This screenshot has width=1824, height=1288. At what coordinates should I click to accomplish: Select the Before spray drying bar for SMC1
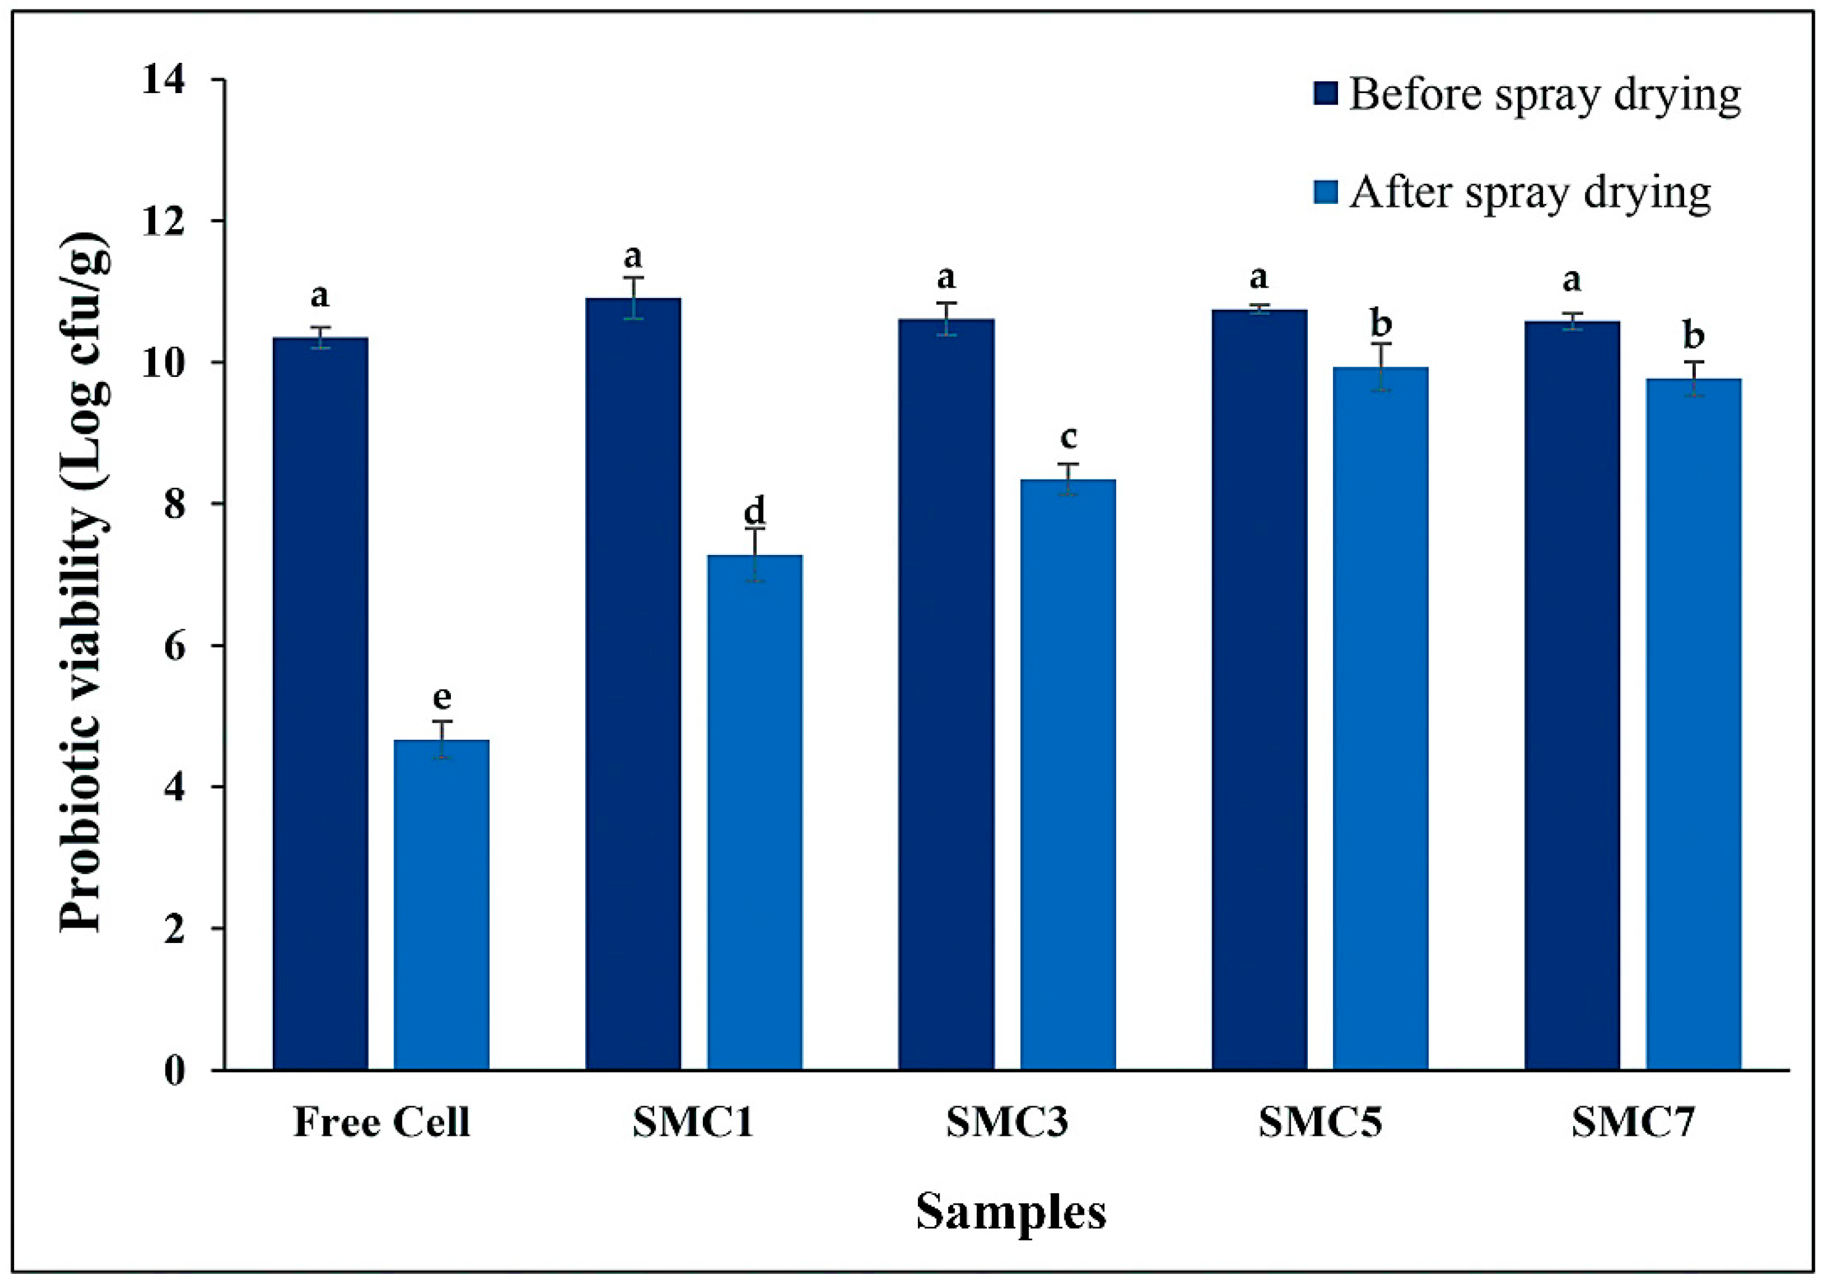pos(633,683)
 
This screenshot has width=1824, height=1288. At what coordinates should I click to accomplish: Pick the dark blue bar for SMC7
pos(1571,695)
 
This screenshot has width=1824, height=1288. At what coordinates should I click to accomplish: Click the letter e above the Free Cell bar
pos(442,698)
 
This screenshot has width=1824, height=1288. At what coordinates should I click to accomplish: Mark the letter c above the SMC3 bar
pos(1069,437)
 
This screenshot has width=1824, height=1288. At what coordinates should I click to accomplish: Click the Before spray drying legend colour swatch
pos(1325,94)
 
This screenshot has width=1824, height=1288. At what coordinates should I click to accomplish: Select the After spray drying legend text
pos(1530,192)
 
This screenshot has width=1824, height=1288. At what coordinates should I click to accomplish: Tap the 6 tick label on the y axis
pos(175,646)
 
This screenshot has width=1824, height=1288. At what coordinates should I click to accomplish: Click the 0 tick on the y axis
pos(175,1071)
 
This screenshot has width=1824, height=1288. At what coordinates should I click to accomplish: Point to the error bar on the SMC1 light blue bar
pos(755,554)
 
